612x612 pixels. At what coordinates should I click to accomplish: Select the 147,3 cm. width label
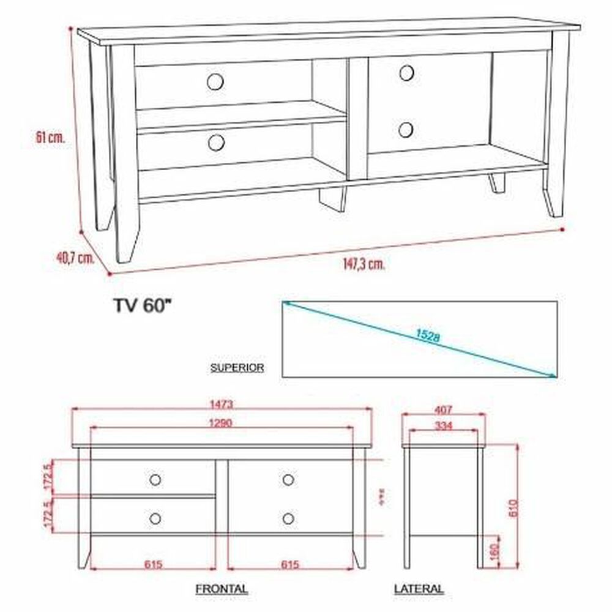pyautogui.click(x=364, y=264)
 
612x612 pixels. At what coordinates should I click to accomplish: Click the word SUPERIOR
pyautogui.click(x=237, y=368)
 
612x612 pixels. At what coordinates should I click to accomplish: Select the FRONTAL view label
pyautogui.click(x=222, y=589)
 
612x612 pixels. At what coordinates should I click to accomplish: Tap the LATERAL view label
pyautogui.click(x=419, y=589)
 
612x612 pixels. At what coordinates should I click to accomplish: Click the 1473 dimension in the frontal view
pyautogui.click(x=222, y=405)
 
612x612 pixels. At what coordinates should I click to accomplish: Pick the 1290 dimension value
pyautogui.click(x=221, y=423)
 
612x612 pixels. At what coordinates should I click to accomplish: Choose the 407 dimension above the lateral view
pyautogui.click(x=444, y=409)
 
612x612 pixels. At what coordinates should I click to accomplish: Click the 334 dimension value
pyautogui.click(x=444, y=426)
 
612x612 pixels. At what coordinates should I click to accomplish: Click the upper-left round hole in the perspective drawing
pyautogui.click(x=215, y=81)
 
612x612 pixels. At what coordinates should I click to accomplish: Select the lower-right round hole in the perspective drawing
pyautogui.click(x=406, y=129)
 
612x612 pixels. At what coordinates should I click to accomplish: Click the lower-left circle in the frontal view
pyautogui.click(x=155, y=518)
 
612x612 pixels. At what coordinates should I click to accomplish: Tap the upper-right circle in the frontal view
pyautogui.click(x=288, y=479)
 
